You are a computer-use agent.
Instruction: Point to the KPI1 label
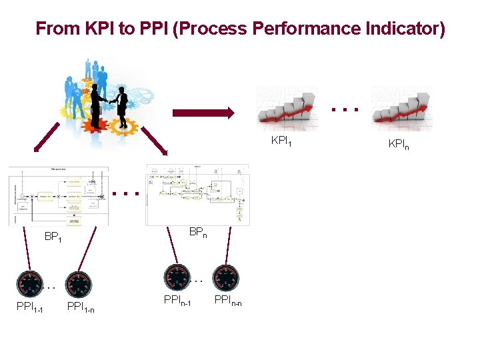pos(281,141)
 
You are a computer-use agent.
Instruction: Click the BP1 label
pos(53,237)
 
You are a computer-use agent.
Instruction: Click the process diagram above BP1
pos(59,196)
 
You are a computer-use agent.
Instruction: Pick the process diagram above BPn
pos(198,195)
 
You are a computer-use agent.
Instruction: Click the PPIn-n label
pos(227,303)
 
